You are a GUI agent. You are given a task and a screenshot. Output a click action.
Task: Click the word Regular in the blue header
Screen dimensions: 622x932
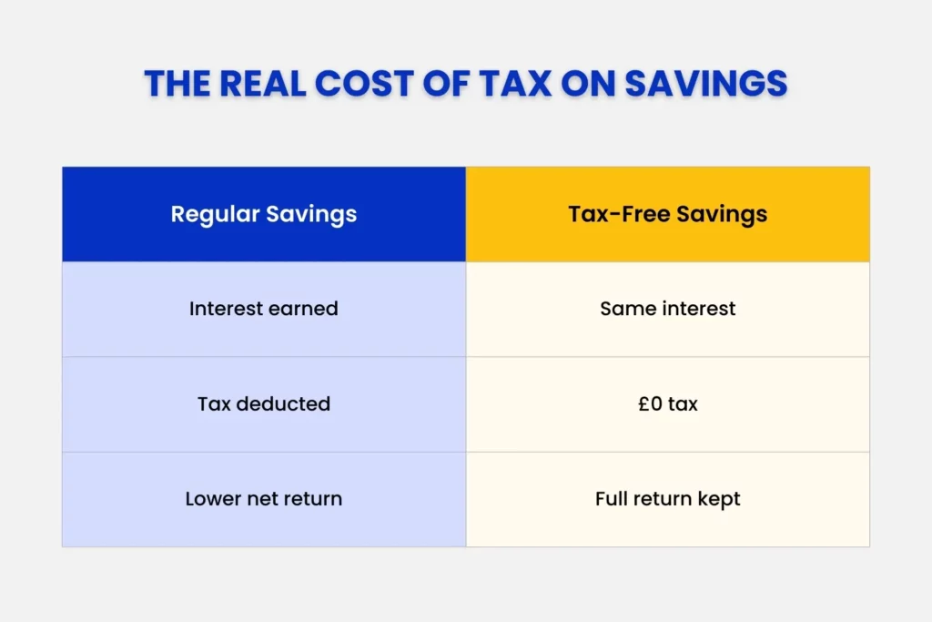click(215, 215)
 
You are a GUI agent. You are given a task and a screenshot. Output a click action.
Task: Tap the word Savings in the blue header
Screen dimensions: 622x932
click(311, 215)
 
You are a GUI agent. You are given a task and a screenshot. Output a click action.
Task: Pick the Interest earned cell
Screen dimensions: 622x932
click(264, 309)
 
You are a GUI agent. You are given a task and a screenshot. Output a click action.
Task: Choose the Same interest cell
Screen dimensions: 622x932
click(668, 309)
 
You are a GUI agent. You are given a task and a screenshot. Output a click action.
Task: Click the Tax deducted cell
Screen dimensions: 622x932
click(264, 403)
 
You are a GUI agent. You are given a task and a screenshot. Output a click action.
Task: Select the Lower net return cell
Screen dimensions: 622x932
click(264, 499)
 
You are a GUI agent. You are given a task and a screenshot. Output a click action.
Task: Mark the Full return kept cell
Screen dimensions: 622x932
click(668, 499)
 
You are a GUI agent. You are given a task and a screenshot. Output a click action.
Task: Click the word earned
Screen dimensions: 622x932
click(307, 309)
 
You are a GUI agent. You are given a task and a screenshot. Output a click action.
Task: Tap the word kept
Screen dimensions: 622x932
click(720, 500)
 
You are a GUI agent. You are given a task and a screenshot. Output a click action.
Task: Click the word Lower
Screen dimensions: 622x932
click(212, 499)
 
